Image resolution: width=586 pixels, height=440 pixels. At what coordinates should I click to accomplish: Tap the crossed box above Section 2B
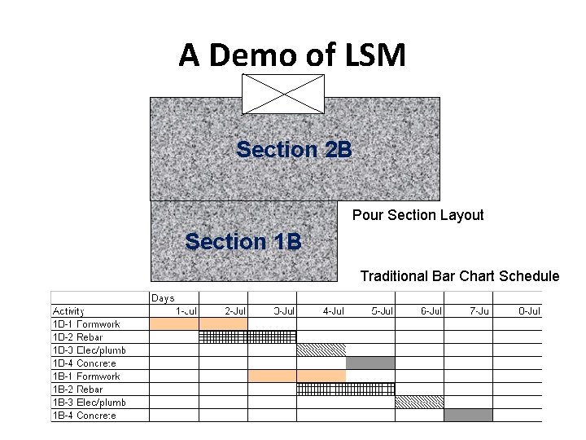tap(283, 94)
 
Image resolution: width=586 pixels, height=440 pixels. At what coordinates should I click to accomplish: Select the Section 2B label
tap(294, 150)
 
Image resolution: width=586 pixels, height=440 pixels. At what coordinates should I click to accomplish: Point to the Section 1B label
tap(243, 242)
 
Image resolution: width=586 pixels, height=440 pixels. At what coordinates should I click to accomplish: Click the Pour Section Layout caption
tap(418, 215)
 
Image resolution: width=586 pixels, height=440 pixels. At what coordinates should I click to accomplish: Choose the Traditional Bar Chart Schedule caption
tap(460, 276)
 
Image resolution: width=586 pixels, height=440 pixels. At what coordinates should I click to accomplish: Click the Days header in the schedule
tap(163, 298)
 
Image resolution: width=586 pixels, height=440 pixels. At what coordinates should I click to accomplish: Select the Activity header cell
tap(69, 311)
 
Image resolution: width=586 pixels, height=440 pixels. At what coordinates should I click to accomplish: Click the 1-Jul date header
tap(186, 311)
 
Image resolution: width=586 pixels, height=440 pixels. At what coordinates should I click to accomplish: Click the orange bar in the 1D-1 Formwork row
tap(199, 324)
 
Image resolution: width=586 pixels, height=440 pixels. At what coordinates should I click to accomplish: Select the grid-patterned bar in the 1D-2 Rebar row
tap(247, 337)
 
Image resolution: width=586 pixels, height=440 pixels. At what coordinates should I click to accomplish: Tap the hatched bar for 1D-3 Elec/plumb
tap(321, 350)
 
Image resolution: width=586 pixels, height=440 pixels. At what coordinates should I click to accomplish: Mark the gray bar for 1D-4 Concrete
tap(370, 363)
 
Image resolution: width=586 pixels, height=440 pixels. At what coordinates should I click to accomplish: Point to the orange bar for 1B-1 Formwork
tap(296, 376)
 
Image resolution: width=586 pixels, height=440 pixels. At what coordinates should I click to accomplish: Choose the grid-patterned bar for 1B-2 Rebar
tap(345, 389)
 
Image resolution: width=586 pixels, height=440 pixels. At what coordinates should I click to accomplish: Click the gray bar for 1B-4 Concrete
tap(468, 416)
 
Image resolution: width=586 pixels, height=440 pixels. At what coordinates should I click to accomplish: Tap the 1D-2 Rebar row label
tap(78, 337)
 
